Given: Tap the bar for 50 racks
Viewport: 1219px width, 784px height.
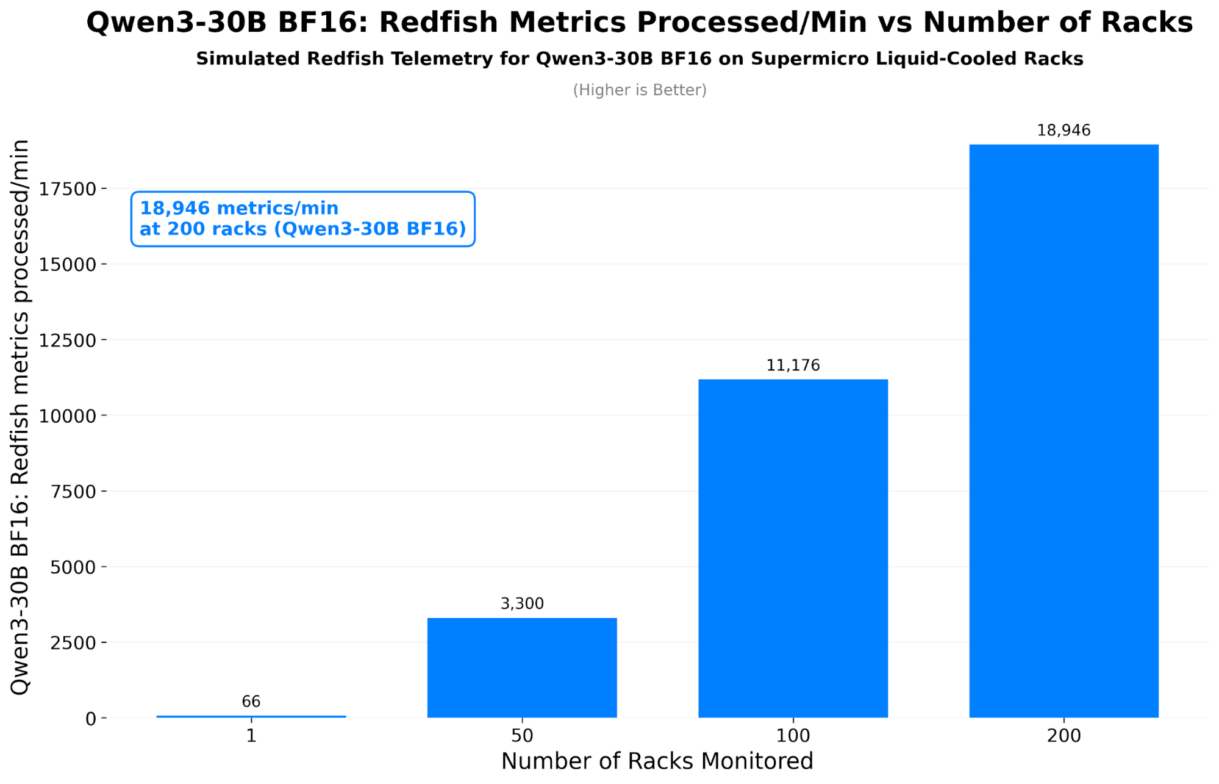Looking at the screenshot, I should [522, 667].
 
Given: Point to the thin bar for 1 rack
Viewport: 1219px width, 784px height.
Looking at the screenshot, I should [251, 716].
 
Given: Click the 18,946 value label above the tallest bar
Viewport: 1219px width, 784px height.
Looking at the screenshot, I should [1063, 130].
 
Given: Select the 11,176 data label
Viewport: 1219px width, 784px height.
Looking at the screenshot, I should [793, 365].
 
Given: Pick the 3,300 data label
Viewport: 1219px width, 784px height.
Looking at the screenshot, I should [522, 603].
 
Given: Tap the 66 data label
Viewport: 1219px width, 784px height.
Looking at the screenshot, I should [251, 701].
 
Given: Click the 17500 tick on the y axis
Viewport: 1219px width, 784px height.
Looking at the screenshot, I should [68, 189].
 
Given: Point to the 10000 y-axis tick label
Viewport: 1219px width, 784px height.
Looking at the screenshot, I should [68, 416].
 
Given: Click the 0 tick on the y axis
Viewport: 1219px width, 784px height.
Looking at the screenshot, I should [90, 719].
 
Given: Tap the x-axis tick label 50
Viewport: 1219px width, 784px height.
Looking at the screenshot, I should [522, 735].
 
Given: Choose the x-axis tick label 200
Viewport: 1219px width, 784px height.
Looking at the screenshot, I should [1063, 735].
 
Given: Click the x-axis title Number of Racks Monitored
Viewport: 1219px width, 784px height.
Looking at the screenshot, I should [657, 761].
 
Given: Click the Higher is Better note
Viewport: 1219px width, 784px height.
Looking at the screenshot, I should [639, 90].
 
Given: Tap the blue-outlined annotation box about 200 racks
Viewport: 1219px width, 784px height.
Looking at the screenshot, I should [302, 219].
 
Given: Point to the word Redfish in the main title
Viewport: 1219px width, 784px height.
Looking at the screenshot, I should [441, 23].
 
